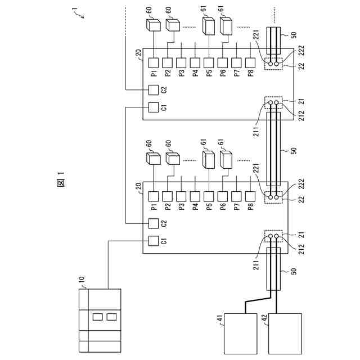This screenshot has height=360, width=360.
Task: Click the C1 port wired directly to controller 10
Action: (x=153, y=241)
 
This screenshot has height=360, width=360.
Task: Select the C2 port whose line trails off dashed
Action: (x=153, y=89)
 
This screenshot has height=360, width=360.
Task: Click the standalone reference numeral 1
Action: (x=74, y=10)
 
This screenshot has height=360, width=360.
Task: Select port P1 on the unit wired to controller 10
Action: (x=153, y=196)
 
